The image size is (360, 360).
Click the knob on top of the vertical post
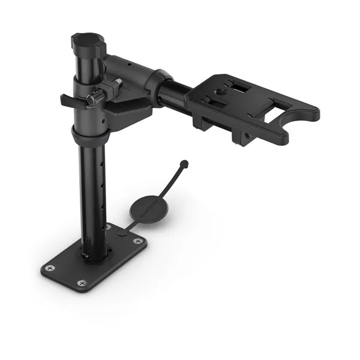(88, 43)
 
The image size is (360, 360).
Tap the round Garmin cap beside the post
(147, 211)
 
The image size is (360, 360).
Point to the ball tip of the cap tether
(184, 163)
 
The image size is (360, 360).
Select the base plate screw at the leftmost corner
(50, 268)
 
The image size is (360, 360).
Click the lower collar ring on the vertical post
(91, 135)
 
